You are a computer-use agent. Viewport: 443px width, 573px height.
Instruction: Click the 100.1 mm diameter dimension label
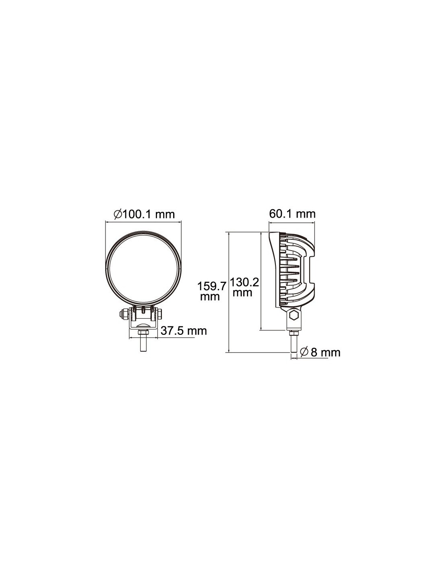[x=144, y=214]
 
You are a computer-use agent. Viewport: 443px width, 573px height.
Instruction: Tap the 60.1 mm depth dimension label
[x=292, y=214]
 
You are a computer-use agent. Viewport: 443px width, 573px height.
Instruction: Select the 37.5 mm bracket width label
[x=184, y=330]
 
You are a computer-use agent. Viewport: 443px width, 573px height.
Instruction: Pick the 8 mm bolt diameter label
[x=325, y=352]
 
